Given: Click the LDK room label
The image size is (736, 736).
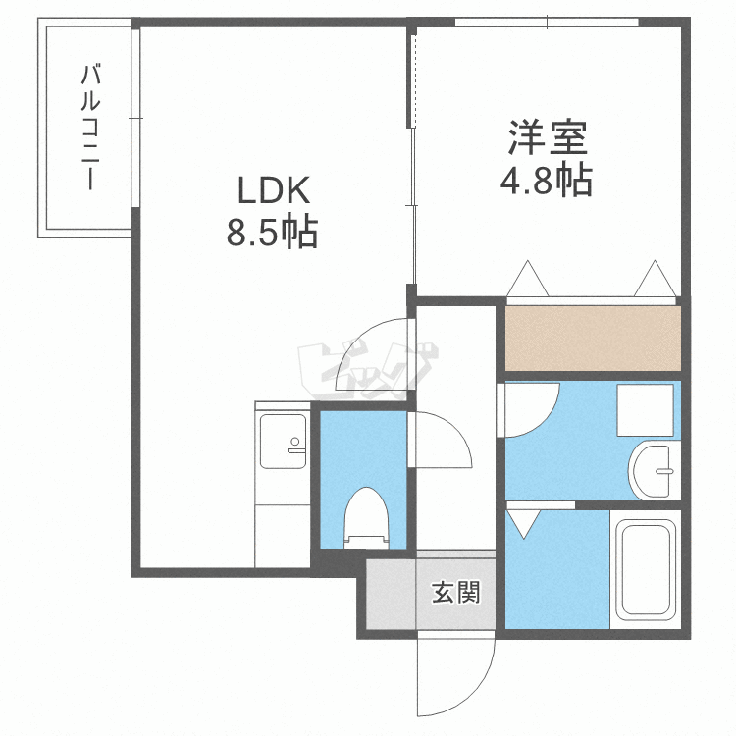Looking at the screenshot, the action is coord(274,189).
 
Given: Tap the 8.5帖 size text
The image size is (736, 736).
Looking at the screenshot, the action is coord(273,232).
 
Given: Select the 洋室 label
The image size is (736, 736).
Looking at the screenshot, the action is coord(549,138).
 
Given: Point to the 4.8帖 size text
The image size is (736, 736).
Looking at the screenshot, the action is coord(547,180).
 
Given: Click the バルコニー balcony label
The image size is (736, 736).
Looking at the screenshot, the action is coord(90,128).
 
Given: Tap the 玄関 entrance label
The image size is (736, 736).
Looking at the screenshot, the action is coord(456,593).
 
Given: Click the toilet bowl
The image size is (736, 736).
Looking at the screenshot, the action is coord(367,517).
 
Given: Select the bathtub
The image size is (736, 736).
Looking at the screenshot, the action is coord(646,569).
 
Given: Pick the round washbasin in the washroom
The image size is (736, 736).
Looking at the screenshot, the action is coord(653,471).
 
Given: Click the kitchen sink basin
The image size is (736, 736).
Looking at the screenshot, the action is coord(283,442).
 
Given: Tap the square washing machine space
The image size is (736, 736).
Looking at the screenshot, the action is coord(645,410).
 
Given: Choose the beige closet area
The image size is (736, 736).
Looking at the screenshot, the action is coord(593,338).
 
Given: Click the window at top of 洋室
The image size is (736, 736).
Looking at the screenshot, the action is coord(547,22).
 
